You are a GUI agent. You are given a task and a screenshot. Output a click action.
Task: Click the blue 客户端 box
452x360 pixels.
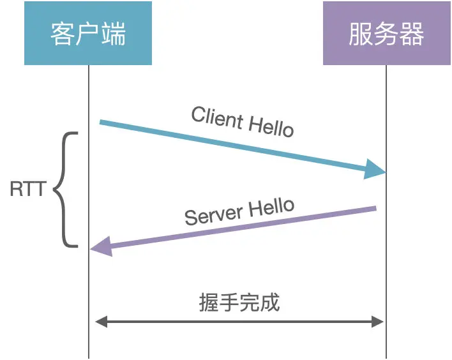[x=88, y=33]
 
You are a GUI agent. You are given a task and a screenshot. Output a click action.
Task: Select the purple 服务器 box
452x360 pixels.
[x=386, y=33]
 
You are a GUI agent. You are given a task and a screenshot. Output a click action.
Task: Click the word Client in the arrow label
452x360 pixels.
[x=217, y=117]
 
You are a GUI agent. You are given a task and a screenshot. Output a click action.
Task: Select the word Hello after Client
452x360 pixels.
[x=271, y=126]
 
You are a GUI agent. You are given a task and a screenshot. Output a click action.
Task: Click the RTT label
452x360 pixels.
[x=27, y=190]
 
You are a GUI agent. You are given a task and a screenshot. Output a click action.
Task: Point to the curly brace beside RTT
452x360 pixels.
[x=64, y=190]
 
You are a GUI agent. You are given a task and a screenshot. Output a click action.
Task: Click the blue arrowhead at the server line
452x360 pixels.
[x=376, y=169]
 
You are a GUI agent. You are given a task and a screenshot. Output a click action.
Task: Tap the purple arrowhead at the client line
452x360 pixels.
[x=101, y=246]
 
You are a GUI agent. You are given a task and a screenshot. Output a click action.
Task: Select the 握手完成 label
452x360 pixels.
[x=239, y=302]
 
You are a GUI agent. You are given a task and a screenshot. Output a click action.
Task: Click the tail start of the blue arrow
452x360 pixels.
[x=101, y=121]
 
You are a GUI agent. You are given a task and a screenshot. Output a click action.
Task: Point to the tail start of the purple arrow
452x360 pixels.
[x=375, y=208]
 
